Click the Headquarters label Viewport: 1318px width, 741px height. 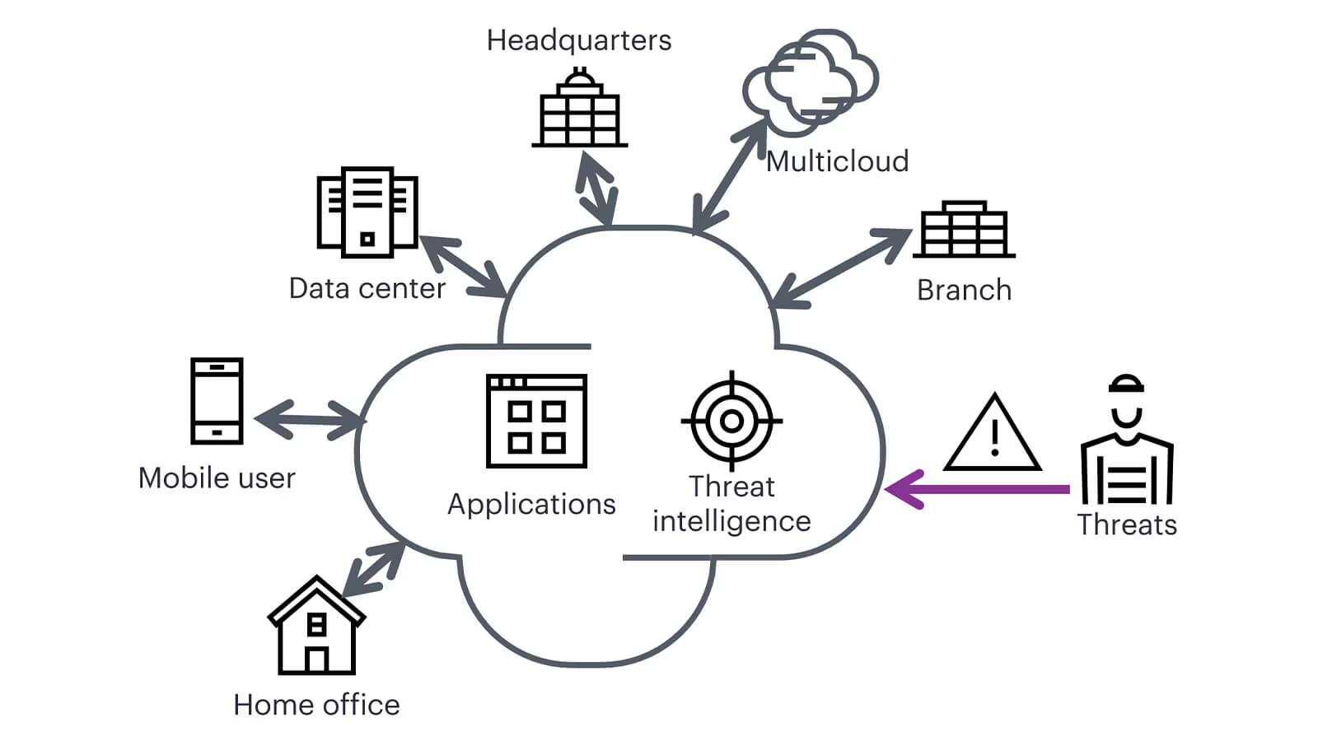(x=578, y=40)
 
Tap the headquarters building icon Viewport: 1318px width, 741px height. (x=580, y=110)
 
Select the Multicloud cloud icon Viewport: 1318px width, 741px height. (x=811, y=81)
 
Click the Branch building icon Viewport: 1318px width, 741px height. (x=964, y=230)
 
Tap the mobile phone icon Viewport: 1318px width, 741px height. (x=217, y=401)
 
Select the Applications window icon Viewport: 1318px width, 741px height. (x=536, y=421)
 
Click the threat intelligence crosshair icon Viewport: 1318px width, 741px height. (x=731, y=421)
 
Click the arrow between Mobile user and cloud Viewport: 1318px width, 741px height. (x=310, y=419)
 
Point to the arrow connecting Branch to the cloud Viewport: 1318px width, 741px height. (x=842, y=268)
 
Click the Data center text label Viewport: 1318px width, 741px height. (x=367, y=288)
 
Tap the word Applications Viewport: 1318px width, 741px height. (x=531, y=504)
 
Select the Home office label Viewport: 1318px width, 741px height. (x=316, y=705)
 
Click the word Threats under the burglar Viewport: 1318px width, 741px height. (x=1127, y=524)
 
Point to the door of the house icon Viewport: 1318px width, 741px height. (x=316, y=659)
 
